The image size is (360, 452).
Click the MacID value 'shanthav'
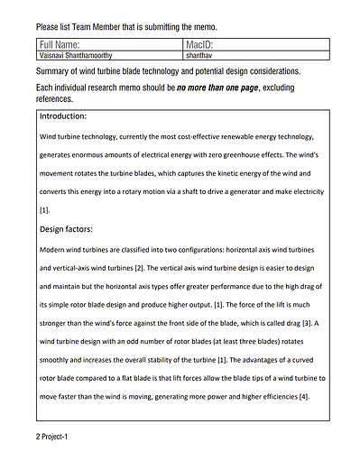(x=199, y=55)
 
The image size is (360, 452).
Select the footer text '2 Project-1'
(x=51, y=436)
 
